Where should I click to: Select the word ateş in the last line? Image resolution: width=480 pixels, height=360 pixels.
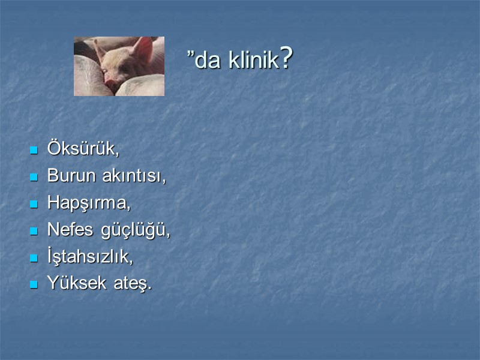click(131, 283)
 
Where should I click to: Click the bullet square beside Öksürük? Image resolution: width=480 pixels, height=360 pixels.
click(34, 151)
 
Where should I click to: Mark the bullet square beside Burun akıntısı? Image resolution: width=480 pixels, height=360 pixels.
click(34, 178)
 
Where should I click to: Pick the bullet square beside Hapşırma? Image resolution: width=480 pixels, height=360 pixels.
click(34, 204)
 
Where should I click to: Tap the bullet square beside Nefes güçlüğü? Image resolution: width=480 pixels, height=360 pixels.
click(34, 231)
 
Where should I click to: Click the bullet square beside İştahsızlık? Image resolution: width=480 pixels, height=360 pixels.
click(34, 257)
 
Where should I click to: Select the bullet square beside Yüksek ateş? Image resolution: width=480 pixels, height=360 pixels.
click(34, 284)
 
